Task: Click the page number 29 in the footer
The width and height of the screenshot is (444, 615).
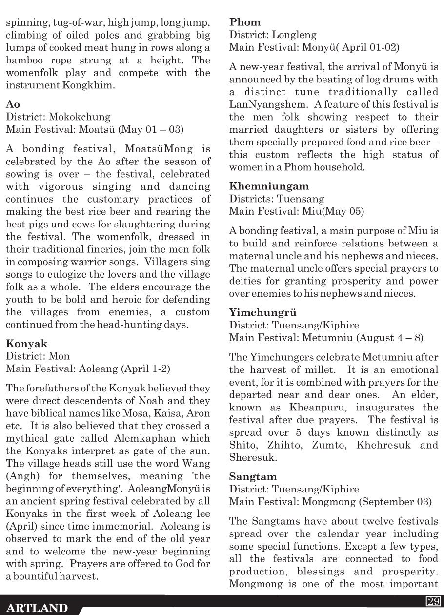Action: coord(433,601)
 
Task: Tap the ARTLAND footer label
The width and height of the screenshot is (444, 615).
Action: coord(38,608)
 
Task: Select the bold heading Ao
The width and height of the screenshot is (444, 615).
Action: coord(13,104)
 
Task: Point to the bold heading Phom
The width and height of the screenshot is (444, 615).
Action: coord(245,22)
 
